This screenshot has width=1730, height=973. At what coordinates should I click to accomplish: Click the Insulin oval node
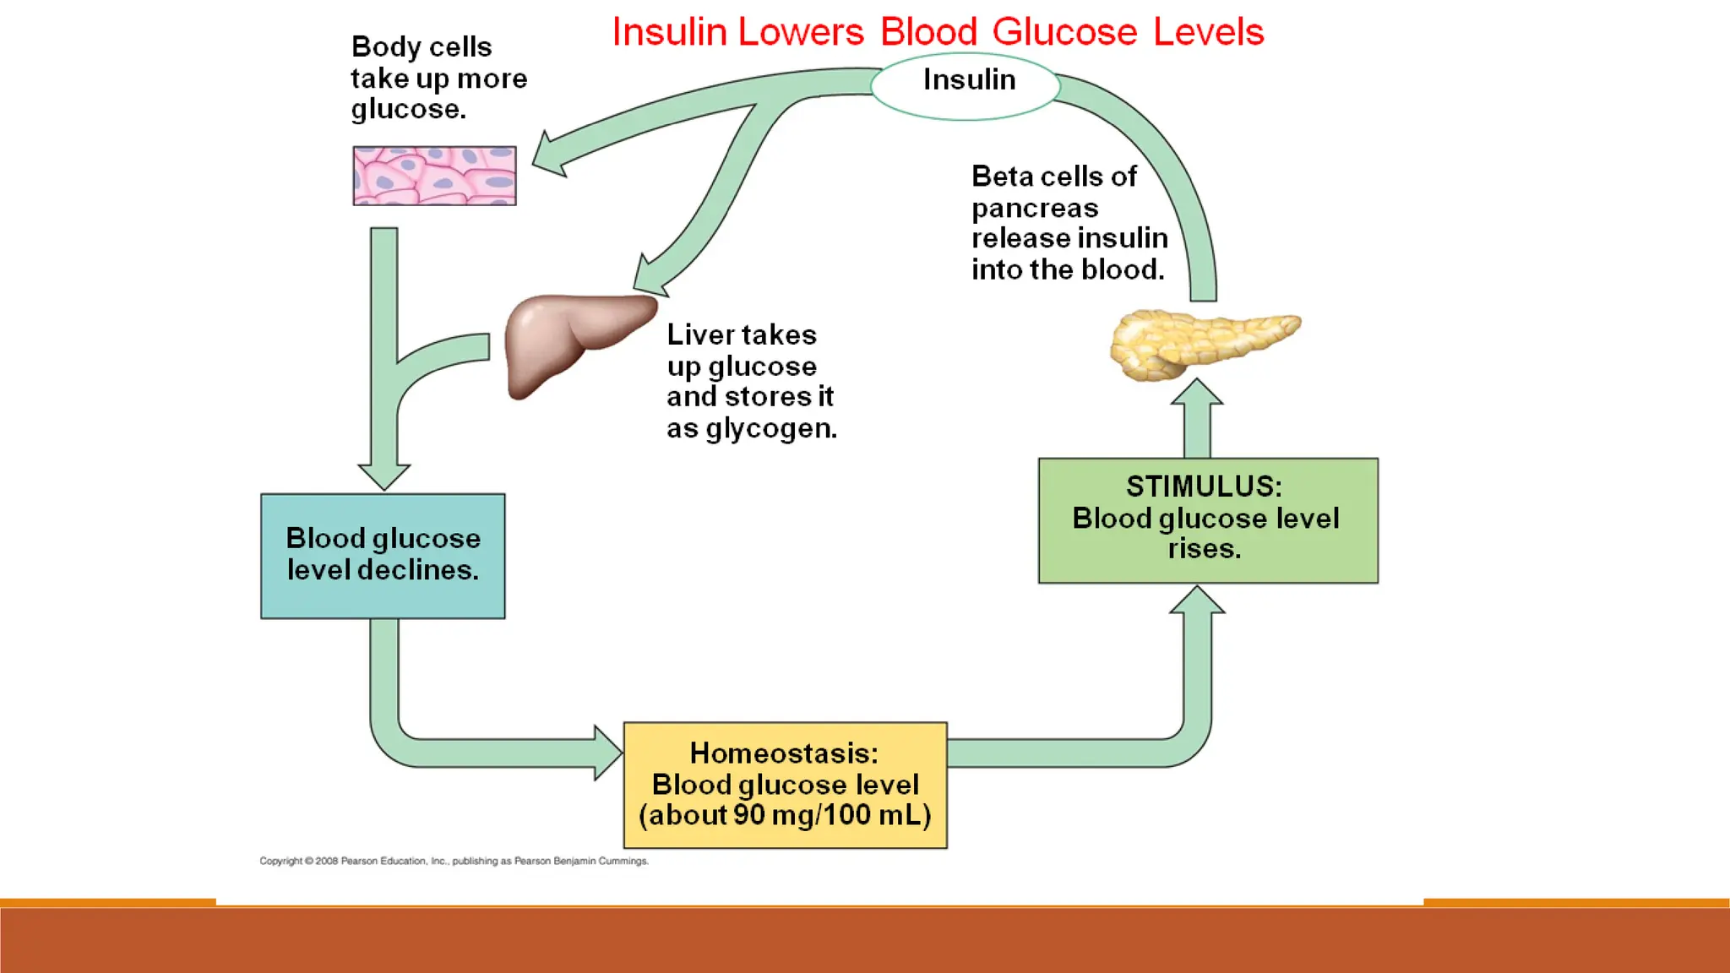point(965,85)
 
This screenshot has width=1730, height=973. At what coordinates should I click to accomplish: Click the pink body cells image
point(434,176)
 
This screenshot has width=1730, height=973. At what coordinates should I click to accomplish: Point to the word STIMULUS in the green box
point(1203,487)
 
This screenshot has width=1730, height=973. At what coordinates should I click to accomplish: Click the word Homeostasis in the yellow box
point(783,753)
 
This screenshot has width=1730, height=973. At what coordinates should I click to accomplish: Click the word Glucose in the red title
point(1064,33)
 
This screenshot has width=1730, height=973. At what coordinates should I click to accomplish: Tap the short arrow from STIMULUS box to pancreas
point(1197,419)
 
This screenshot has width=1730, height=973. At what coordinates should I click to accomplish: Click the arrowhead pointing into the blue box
point(384,476)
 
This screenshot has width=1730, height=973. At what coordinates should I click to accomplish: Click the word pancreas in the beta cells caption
point(1034,209)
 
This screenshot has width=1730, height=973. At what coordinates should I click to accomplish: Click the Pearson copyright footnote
point(454,862)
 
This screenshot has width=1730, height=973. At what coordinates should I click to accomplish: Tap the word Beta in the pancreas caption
point(1002,177)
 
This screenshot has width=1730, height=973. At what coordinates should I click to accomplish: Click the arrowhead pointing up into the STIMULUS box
point(1197,601)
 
